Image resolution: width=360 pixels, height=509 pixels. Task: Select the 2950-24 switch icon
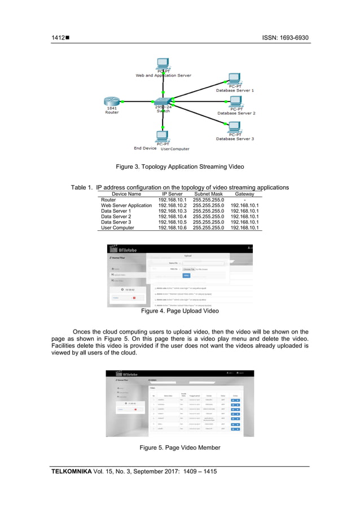[163, 102]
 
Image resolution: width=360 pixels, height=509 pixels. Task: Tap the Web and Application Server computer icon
[163, 63]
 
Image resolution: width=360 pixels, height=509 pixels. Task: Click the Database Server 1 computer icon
[235, 79]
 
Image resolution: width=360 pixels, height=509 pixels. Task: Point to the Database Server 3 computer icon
[235, 128]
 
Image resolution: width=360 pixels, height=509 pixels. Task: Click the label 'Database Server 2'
[236, 113]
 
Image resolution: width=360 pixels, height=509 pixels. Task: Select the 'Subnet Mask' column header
[208, 194]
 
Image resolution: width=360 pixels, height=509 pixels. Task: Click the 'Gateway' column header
[244, 194]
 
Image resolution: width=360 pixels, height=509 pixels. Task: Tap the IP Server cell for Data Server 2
[172, 216]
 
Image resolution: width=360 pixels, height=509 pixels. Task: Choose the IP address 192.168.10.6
[172, 227]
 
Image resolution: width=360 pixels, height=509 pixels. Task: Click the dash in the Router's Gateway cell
[244, 199]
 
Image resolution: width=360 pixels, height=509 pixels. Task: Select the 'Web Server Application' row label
[126, 205]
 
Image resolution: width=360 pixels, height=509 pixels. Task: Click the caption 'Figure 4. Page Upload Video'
[179, 311]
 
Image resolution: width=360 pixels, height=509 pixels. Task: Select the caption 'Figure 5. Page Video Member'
[179, 447]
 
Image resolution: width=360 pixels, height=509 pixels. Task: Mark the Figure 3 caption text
[179, 167]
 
